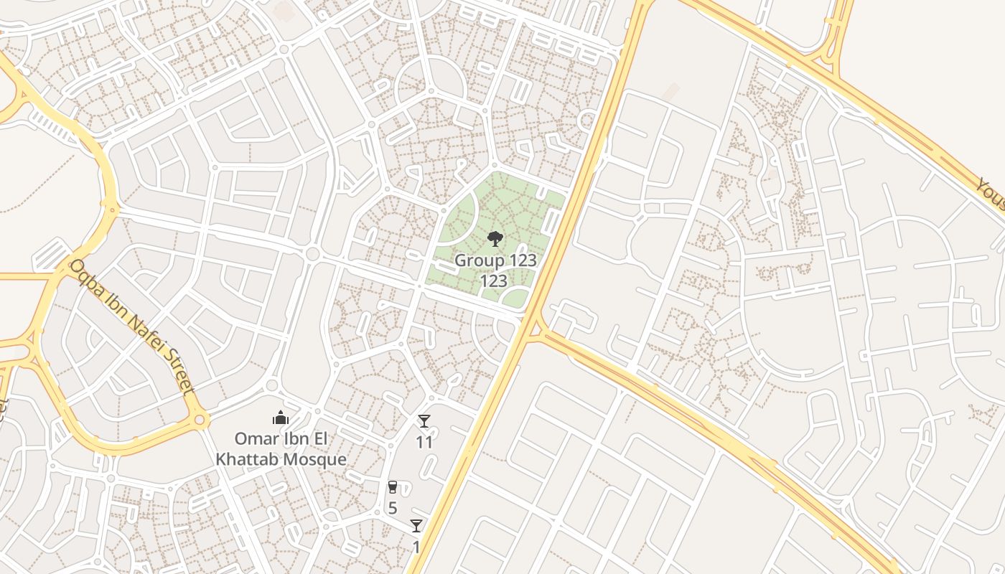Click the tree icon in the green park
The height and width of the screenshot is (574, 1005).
(495, 238)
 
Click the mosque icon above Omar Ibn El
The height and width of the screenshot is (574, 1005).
(281, 418)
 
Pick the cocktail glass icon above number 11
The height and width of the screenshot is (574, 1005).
(424, 421)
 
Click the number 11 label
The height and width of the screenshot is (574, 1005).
(424, 442)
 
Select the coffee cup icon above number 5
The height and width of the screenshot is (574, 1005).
(392, 487)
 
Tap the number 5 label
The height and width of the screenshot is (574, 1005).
(392, 508)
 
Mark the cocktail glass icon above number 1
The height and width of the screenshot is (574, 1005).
(416, 526)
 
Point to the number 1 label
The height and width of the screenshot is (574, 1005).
(416, 547)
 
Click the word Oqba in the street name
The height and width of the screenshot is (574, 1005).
(85, 276)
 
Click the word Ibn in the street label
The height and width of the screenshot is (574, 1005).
(111, 301)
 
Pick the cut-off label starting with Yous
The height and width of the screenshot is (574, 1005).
(991, 194)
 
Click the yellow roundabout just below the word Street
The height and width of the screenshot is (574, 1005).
(199, 419)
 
